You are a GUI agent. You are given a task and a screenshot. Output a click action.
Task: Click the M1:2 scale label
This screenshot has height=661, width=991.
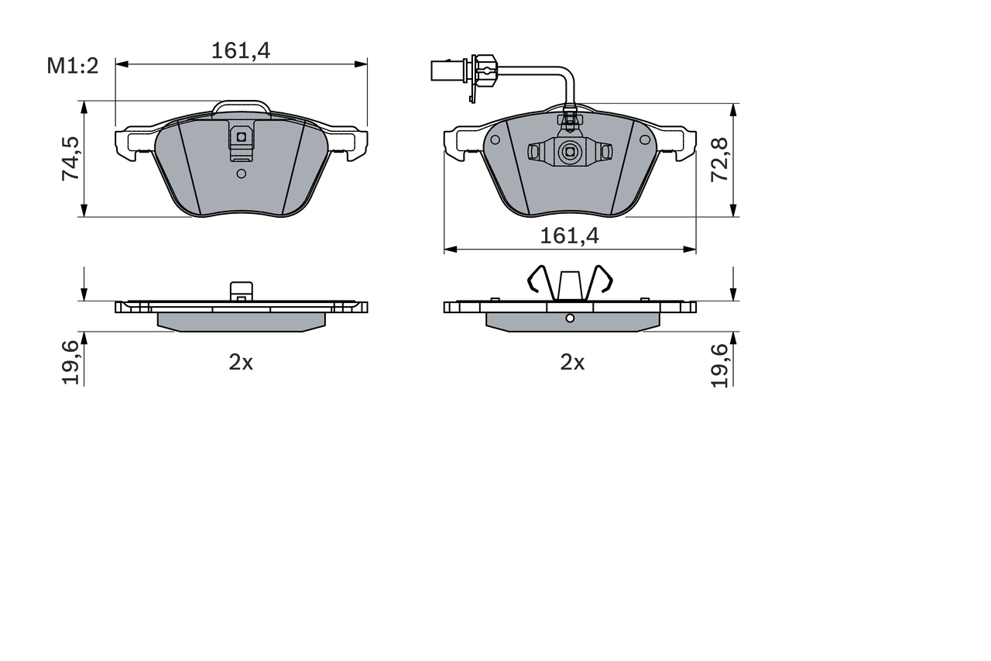(74, 66)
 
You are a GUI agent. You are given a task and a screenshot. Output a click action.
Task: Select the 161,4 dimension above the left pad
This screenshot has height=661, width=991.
(241, 51)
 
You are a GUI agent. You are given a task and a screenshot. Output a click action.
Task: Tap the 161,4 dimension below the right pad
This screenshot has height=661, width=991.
(570, 236)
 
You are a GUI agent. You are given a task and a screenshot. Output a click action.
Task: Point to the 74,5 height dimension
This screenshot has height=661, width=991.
(71, 160)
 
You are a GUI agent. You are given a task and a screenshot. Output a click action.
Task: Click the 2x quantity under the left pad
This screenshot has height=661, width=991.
(241, 362)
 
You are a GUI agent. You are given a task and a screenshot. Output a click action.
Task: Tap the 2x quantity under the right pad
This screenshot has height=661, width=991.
(572, 362)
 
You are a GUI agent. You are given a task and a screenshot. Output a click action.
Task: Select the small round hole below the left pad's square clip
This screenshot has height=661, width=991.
(241, 174)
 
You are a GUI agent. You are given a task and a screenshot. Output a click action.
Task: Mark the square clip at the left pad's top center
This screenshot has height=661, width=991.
(241, 138)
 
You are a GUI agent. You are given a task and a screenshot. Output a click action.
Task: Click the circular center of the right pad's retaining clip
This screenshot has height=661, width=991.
(570, 152)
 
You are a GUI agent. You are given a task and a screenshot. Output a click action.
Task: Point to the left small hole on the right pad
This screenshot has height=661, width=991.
(495, 140)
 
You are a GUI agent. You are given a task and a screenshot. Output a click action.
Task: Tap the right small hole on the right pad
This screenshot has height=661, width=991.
(644, 140)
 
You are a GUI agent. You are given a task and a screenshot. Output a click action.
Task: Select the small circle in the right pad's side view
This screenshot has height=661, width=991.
(570, 318)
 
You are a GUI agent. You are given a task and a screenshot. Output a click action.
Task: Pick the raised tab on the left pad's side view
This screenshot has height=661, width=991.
(241, 291)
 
